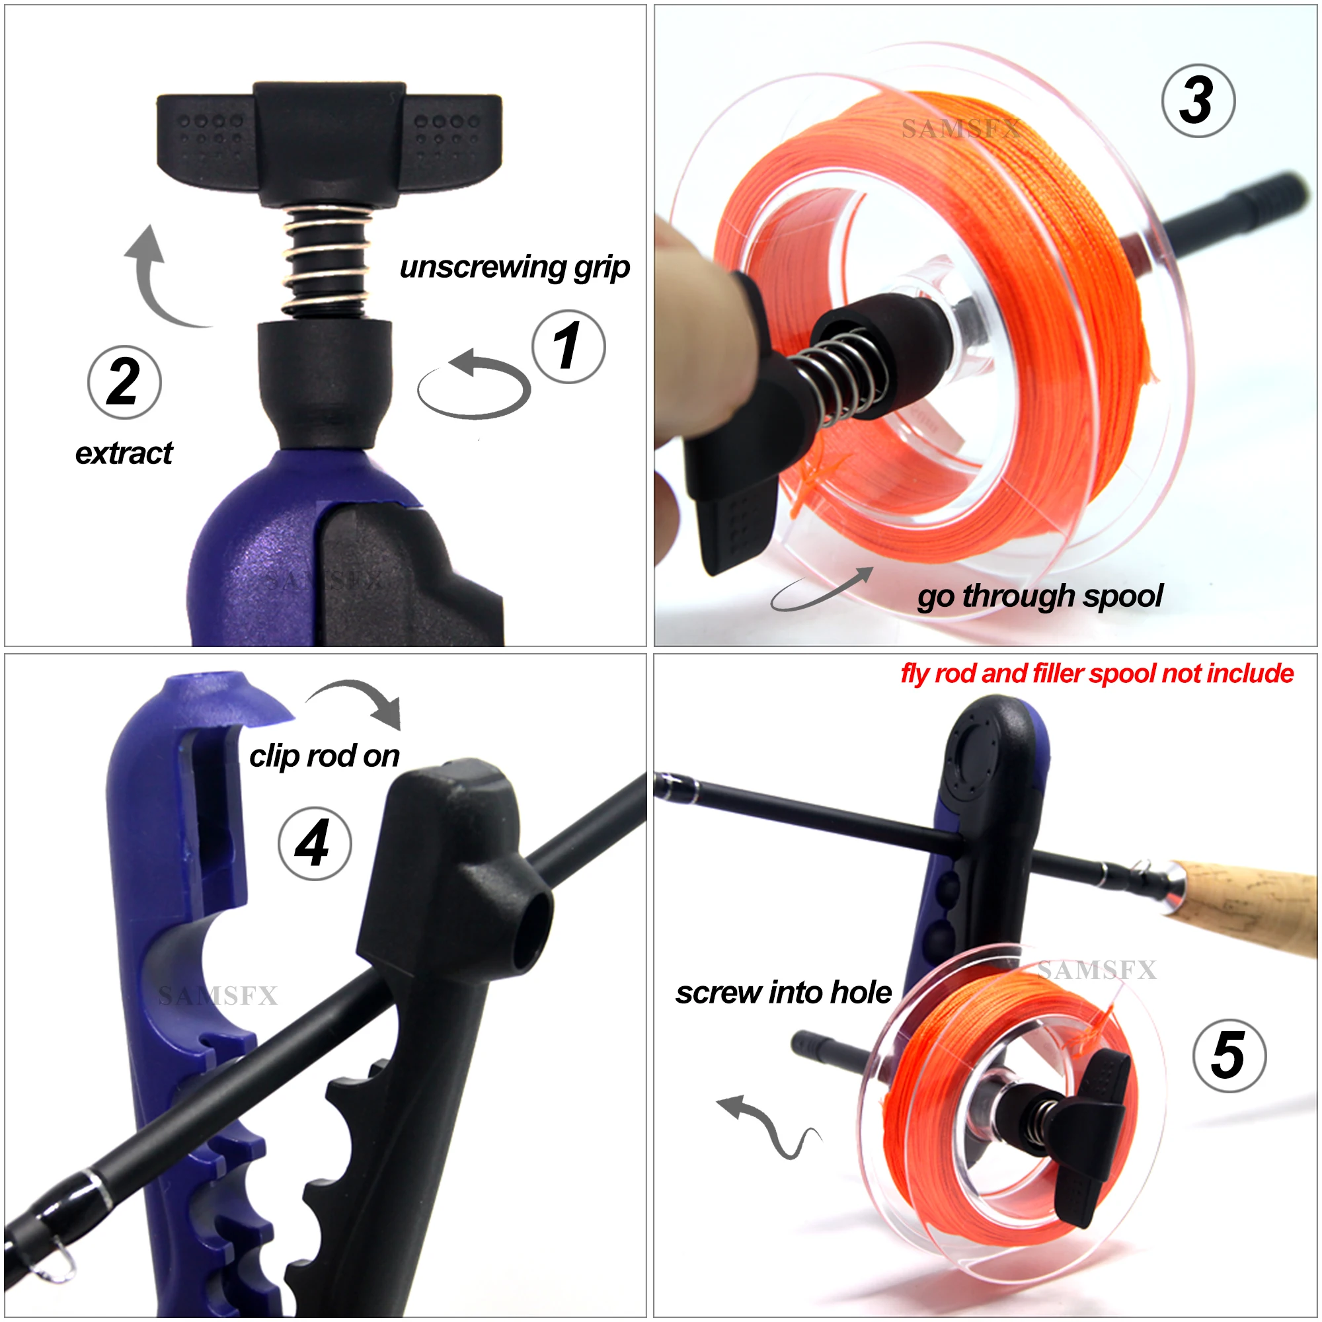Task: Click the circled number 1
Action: point(568,347)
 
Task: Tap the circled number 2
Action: point(124,383)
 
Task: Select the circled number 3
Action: point(1198,100)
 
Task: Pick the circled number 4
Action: point(314,843)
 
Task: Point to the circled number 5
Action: point(1229,1056)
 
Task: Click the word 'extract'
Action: point(124,453)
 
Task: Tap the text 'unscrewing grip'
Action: point(514,267)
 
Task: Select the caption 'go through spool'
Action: point(1039,596)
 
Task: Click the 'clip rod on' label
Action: point(324,756)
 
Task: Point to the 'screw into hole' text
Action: point(783,992)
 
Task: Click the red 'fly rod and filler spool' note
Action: point(1096,674)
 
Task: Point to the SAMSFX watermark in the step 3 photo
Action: point(960,129)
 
